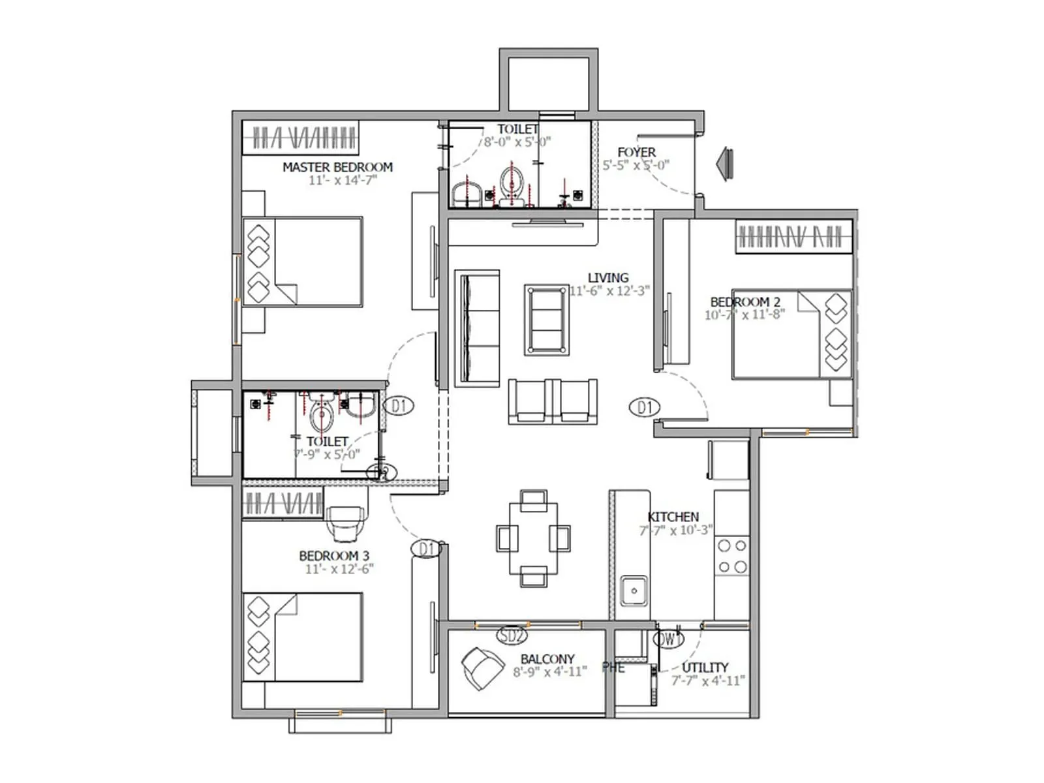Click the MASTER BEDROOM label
[x=337, y=167]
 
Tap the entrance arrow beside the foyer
[x=724, y=162]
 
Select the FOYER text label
[x=636, y=152]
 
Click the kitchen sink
[x=633, y=591]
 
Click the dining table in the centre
[x=533, y=538]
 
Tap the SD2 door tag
[x=511, y=635]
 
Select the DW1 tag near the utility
[x=669, y=639]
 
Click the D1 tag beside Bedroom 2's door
[x=645, y=408]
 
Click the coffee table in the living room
[x=547, y=320]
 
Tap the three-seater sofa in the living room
[x=477, y=329]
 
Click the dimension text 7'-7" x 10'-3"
[x=675, y=530]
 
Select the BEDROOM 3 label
[x=333, y=556]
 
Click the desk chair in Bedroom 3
[x=345, y=524]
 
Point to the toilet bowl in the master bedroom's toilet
[x=511, y=185]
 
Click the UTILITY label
[x=705, y=668]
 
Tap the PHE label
[x=613, y=668]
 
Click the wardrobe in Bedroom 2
[x=793, y=236]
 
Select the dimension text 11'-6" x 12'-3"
[x=608, y=291]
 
